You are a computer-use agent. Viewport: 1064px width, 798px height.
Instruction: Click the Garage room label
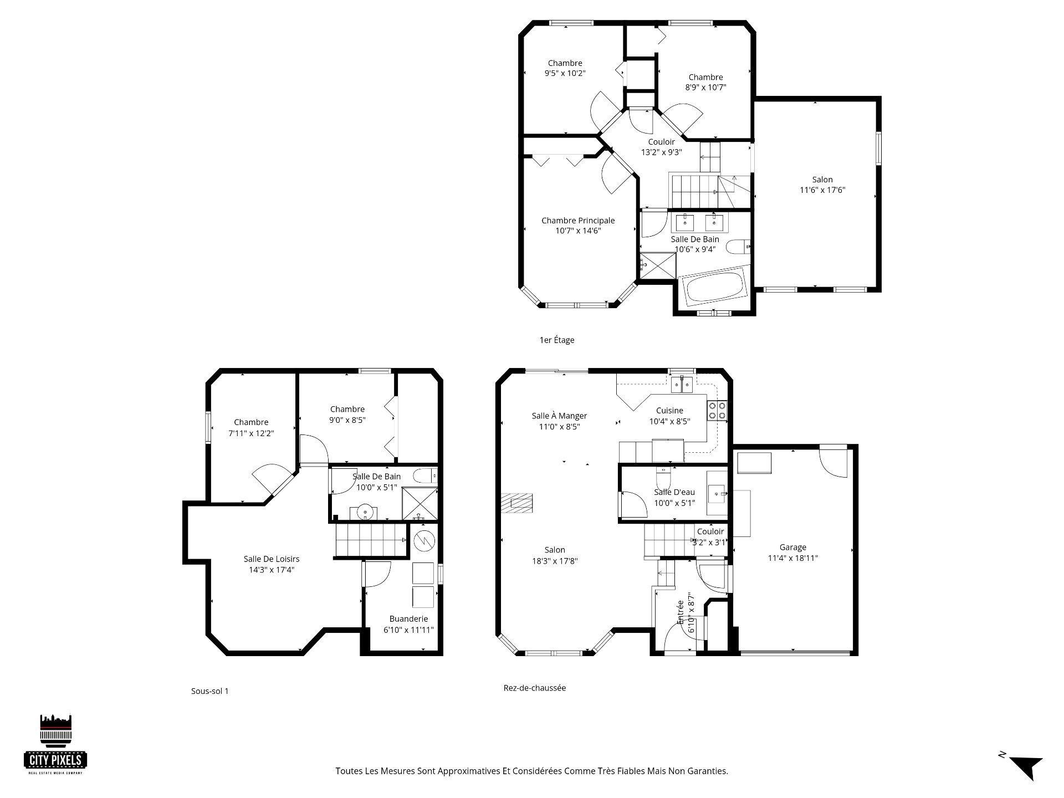[x=792, y=547]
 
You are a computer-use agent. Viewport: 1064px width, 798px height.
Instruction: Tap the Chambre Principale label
[x=578, y=221]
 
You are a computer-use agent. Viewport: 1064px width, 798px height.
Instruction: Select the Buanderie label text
[x=408, y=619]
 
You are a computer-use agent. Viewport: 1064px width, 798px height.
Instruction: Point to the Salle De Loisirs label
[x=272, y=559]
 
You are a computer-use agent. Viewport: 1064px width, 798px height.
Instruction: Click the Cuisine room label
[x=669, y=411]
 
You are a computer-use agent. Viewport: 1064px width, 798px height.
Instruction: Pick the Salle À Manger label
[x=559, y=416]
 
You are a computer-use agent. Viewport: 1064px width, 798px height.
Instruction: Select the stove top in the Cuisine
[x=717, y=411]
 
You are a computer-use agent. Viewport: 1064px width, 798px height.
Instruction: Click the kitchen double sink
[x=681, y=383]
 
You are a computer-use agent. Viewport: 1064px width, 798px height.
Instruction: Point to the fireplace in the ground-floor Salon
[x=516, y=503]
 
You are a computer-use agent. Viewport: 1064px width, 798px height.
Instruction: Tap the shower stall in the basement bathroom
[x=419, y=504]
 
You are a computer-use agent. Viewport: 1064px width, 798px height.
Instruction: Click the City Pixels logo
[x=56, y=744]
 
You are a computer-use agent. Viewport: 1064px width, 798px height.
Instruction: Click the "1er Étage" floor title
[x=557, y=340]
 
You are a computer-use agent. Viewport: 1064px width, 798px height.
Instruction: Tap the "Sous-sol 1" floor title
[x=209, y=691]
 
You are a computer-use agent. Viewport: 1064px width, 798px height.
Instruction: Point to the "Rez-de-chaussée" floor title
[x=535, y=688]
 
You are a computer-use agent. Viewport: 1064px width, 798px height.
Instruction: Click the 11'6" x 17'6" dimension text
[x=822, y=190]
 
